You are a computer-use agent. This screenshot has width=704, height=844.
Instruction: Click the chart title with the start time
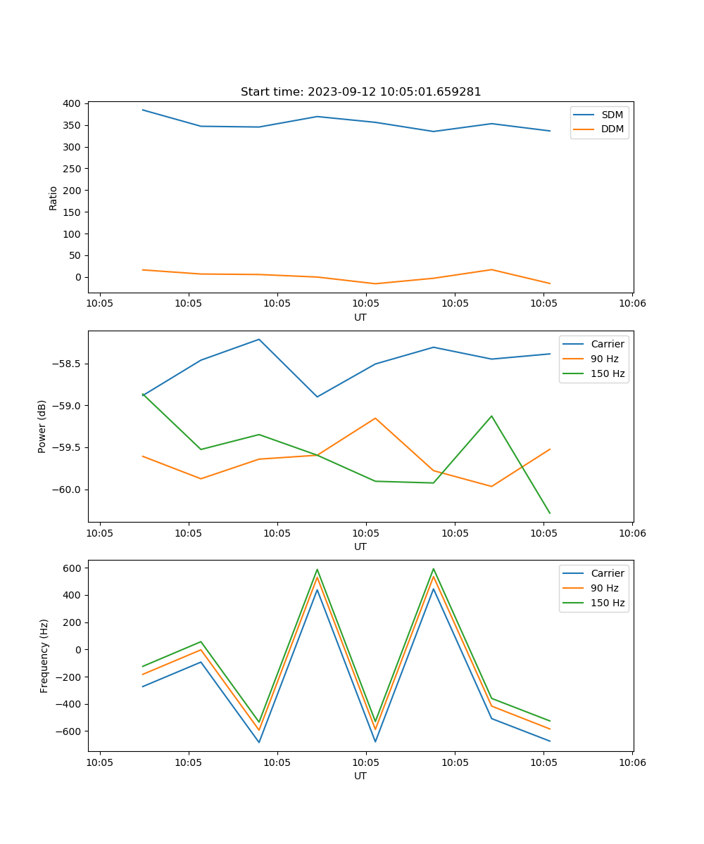click(x=360, y=92)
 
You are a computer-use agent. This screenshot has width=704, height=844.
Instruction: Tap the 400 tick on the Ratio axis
click(x=72, y=103)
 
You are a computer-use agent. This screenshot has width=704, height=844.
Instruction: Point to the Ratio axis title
click(x=53, y=198)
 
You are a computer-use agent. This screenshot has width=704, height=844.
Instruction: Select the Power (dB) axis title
click(x=42, y=426)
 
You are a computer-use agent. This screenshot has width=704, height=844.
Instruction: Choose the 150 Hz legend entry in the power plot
click(x=608, y=373)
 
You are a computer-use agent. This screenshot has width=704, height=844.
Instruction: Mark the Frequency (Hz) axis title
click(x=44, y=656)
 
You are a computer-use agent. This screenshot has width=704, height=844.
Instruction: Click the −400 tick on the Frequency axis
click(x=72, y=704)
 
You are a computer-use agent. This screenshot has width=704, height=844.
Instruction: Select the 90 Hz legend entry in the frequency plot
click(x=604, y=588)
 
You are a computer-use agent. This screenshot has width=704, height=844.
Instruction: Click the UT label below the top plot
click(x=360, y=317)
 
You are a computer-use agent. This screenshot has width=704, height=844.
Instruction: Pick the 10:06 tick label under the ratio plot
click(x=631, y=304)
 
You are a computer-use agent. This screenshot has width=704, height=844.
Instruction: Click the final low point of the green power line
click(x=550, y=513)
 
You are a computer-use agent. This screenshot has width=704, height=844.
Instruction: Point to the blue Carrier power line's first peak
click(x=259, y=339)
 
